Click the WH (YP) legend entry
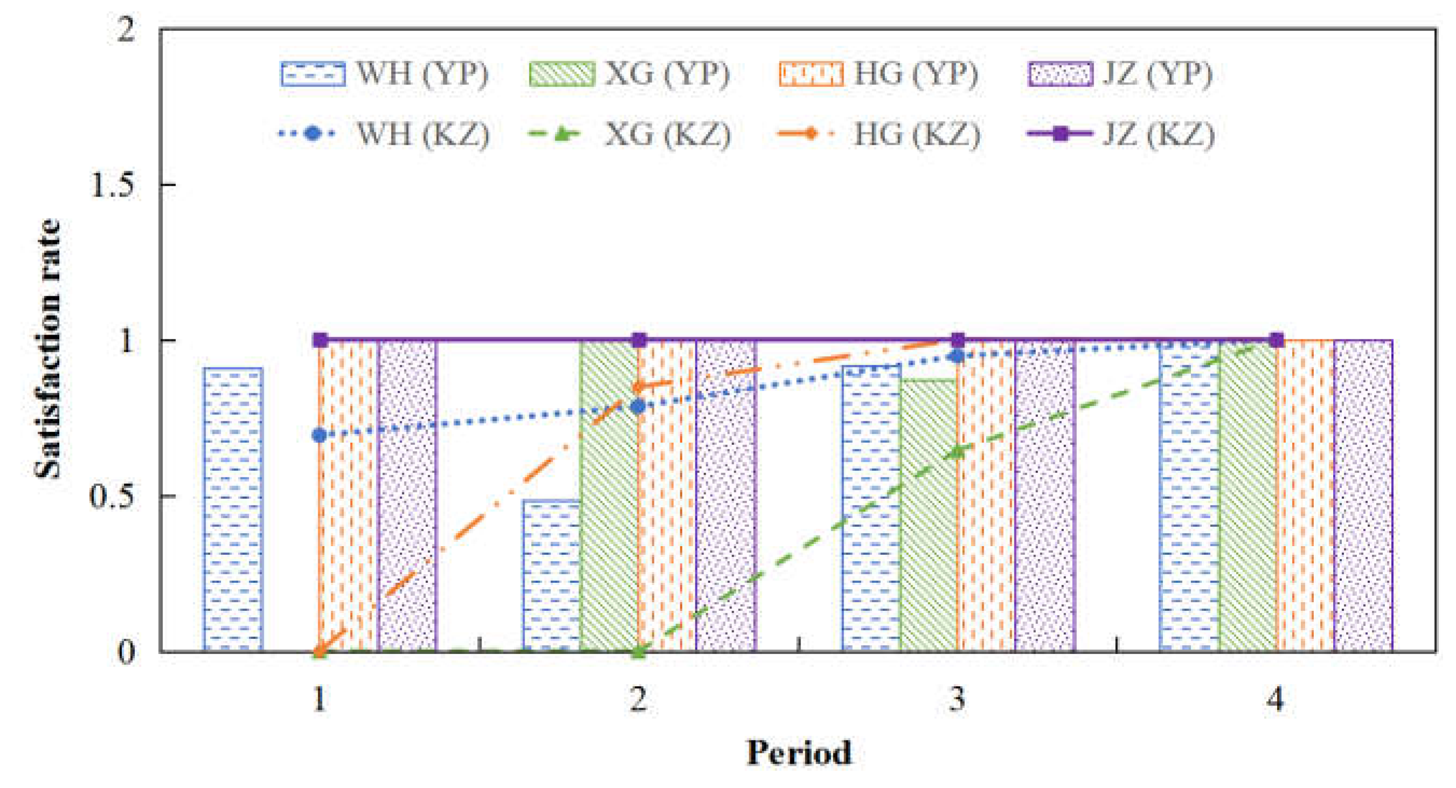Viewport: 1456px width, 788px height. [385, 74]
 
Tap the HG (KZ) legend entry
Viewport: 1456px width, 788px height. [879, 135]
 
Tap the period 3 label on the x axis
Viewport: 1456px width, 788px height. [957, 700]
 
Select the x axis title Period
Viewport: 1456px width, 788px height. [799, 753]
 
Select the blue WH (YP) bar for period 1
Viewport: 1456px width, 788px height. [233, 509]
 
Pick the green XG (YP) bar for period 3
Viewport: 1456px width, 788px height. [928, 514]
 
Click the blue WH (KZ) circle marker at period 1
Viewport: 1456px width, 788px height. [319, 435]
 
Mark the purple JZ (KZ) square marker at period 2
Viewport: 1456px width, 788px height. [639, 340]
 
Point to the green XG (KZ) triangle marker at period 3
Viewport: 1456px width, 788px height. [957, 451]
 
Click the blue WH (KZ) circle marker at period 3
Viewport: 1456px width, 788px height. [957, 356]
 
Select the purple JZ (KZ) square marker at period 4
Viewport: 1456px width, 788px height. [1276, 340]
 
